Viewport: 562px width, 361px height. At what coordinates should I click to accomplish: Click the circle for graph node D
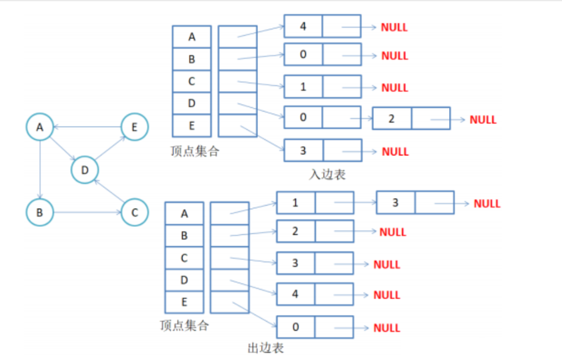tap(85, 169)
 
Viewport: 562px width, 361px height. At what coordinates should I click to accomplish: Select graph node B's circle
tap(40, 212)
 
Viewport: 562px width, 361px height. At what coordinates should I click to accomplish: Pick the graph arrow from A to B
tap(40, 169)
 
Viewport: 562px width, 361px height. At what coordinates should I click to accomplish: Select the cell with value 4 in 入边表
tap(303, 27)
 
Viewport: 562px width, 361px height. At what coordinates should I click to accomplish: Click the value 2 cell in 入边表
tap(392, 118)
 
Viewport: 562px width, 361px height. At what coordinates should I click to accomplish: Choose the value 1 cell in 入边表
tap(303, 86)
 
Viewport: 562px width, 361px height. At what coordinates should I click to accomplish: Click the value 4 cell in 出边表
tap(295, 293)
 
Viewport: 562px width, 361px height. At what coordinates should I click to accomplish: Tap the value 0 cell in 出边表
tap(295, 327)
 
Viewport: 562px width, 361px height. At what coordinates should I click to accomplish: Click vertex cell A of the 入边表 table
tap(191, 37)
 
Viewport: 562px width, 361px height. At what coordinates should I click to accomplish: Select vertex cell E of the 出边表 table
tap(184, 302)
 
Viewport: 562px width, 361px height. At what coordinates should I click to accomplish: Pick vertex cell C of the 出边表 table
tap(184, 258)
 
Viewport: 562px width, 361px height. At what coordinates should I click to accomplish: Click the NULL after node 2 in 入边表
tap(483, 119)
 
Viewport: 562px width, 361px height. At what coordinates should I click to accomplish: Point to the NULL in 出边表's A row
tap(487, 203)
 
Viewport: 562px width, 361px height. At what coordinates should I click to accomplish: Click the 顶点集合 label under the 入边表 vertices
tap(194, 150)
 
